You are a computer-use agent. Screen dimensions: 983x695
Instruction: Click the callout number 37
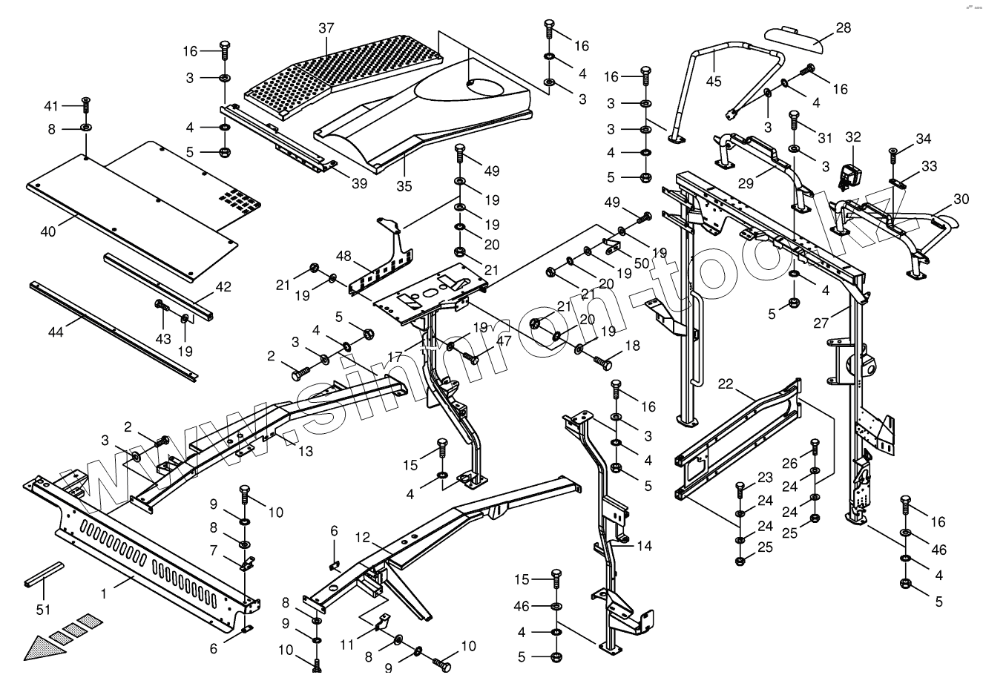click(326, 28)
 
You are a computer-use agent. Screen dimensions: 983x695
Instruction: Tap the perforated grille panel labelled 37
click(342, 75)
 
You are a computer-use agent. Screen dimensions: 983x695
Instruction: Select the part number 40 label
click(47, 231)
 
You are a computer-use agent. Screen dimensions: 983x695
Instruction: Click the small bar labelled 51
click(44, 574)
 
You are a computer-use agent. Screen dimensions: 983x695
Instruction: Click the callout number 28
click(843, 28)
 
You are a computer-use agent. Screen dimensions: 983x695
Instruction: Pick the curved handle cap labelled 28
click(795, 39)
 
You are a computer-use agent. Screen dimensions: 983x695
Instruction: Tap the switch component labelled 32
click(850, 177)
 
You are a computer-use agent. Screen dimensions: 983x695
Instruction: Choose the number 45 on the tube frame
click(714, 82)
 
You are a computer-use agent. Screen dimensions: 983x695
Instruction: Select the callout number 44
click(56, 332)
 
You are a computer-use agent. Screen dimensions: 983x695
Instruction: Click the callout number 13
click(306, 451)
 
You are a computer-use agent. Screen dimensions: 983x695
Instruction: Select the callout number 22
click(726, 384)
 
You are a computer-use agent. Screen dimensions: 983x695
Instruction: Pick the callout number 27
click(821, 323)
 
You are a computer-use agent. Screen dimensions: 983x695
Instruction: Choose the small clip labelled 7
click(248, 564)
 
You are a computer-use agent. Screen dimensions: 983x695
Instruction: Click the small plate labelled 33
click(898, 183)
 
